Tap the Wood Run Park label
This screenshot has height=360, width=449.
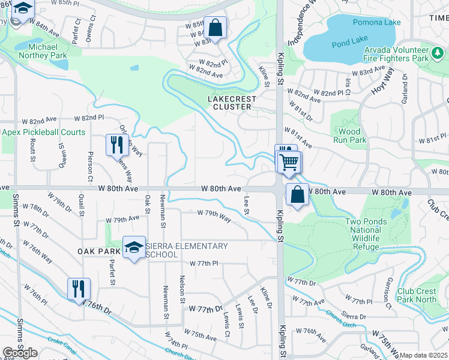(x=349, y=136)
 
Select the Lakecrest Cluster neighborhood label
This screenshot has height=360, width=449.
(x=232, y=103)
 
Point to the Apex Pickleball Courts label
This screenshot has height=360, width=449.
(x=43, y=132)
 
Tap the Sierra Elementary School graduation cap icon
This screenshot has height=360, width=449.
(x=134, y=247)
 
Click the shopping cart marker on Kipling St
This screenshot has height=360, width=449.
(x=289, y=161)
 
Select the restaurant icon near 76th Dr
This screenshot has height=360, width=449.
(x=79, y=289)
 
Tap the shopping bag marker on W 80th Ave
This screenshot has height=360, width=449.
(x=297, y=194)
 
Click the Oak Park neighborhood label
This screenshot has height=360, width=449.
(x=99, y=251)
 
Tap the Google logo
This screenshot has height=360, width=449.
(x=20, y=353)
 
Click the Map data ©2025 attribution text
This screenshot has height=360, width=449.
(x=424, y=355)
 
